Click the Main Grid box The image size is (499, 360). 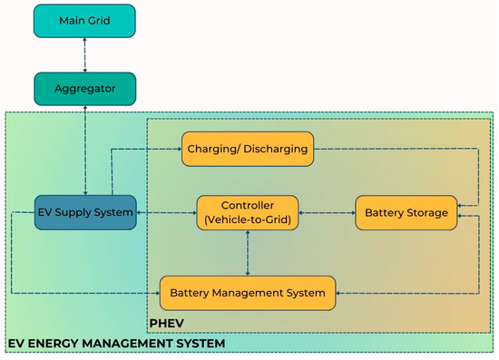(x=83, y=21)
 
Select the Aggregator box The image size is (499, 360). (x=83, y=88)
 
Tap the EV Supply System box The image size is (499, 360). (x=83, y=212)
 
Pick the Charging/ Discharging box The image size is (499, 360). (x=248, y=149)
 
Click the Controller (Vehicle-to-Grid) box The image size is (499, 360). (x=248, y=212)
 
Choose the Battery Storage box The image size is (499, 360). (x=406, y=212)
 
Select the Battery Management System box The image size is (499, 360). (x=248, y=292)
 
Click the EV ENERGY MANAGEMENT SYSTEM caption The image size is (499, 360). (x=115, y=345)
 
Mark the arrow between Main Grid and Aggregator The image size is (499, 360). (x=83, y=54)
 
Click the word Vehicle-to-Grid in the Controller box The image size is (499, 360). (x=248, y=219)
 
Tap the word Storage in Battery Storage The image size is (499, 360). (x=427, y=212)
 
